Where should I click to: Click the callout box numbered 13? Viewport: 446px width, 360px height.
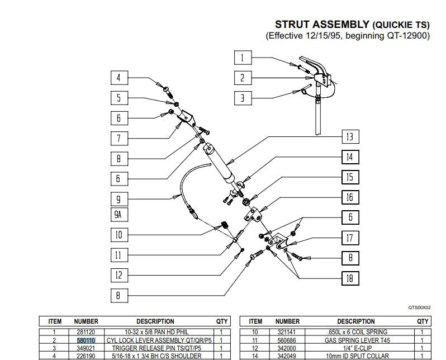tap(350, 137)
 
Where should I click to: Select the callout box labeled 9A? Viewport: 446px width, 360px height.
tap(119, 215)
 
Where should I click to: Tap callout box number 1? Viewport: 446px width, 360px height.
tap(243, 58)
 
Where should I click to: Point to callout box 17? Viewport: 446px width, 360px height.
tap(350, 238)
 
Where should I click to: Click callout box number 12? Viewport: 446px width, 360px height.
tap(119, 275)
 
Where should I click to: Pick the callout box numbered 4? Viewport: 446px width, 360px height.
tap(119, 78)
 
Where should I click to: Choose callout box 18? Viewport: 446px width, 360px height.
tap(350, 278)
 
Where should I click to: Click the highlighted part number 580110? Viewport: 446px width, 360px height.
tap(86, 340)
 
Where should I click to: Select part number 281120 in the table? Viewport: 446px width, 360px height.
tap(86, 332)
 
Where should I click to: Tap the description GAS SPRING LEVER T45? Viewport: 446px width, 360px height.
tap(357, 340)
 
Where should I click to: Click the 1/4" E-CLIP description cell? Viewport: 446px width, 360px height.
tap(357, 348)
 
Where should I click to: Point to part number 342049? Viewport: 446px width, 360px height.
tap(287, 356)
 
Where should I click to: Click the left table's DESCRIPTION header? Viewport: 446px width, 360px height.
tap(155, 321)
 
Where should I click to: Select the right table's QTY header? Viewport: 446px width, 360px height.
tap(423, 321)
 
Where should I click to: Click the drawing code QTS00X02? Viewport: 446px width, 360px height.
tap(420, 307)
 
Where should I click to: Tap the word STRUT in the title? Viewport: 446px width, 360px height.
tap(292, 25)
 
